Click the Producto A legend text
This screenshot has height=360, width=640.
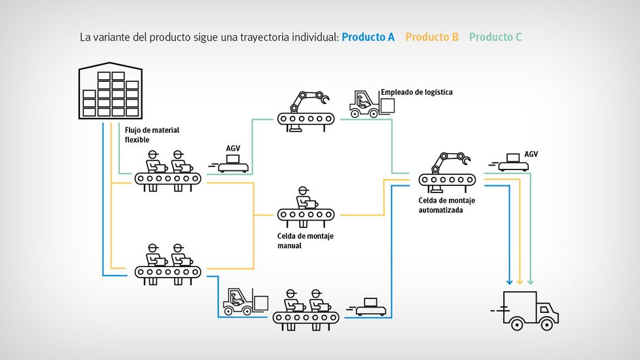368,37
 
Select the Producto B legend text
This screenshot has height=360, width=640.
432,37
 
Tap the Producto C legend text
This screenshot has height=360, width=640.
495,37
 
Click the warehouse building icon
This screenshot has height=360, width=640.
110,92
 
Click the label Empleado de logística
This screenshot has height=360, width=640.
416,92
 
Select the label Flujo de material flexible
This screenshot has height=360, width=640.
152,135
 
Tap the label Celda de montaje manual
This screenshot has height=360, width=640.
305,241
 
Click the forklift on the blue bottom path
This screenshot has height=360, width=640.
245,302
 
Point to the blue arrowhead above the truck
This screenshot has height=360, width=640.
509,280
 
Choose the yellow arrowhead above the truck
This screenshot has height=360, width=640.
520,280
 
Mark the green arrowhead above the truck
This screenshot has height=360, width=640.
530,280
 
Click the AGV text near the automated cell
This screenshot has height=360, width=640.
531,154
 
